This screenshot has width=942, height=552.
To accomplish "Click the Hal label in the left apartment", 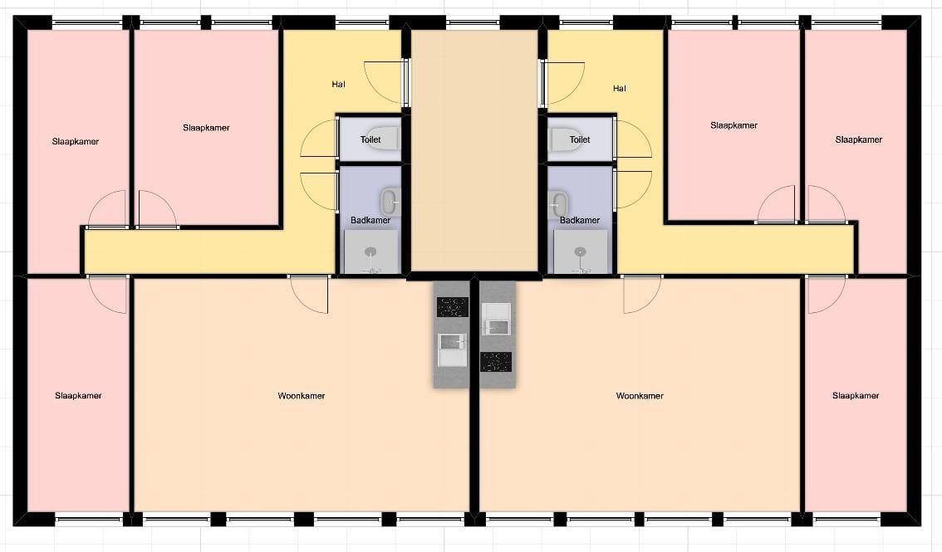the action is pyautogui.click(x=338, y=85).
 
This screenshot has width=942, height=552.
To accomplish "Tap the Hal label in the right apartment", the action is pyautogui.click(x=620, y=89).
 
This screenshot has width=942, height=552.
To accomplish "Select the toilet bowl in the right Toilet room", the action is pyautogui.click(x=564, y=139).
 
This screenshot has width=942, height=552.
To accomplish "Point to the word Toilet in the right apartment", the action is pyautogui.click(x=580, y=139).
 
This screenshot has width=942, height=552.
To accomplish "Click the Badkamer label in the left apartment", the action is pyautogui.click(x=370, y=220).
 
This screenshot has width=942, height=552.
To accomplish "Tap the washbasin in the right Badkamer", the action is pyautogui.click(x=559, y=204).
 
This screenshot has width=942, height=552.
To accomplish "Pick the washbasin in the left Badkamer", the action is pyautogui.click(x=390, y=201).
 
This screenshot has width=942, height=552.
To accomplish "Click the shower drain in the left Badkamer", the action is pyautogui.click(x=371, y=252).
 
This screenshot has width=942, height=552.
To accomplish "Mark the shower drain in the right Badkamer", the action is pyautogui.click(x=580, y=252).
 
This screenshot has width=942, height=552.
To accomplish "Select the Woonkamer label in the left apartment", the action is pyautogui.click(x=302, y=396).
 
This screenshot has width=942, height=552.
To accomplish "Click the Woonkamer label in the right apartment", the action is pyautogui.click(x=640, y=396).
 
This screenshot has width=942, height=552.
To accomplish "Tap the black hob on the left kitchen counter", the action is pyautogui.click(x=453, y=307).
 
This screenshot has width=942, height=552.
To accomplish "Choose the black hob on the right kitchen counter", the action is pyautogui.click(x=496, y=362).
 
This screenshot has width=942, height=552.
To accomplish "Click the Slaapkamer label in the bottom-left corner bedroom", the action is pyautogui.click(x=78, y=396).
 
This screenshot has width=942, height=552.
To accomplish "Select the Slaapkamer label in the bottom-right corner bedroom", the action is pyautogui.click(x=856, y=396).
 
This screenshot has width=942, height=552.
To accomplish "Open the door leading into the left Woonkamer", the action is pyautogui.click(x=309, y=293).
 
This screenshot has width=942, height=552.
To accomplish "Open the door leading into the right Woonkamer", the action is pyautogui.click(x=641, y=293).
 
